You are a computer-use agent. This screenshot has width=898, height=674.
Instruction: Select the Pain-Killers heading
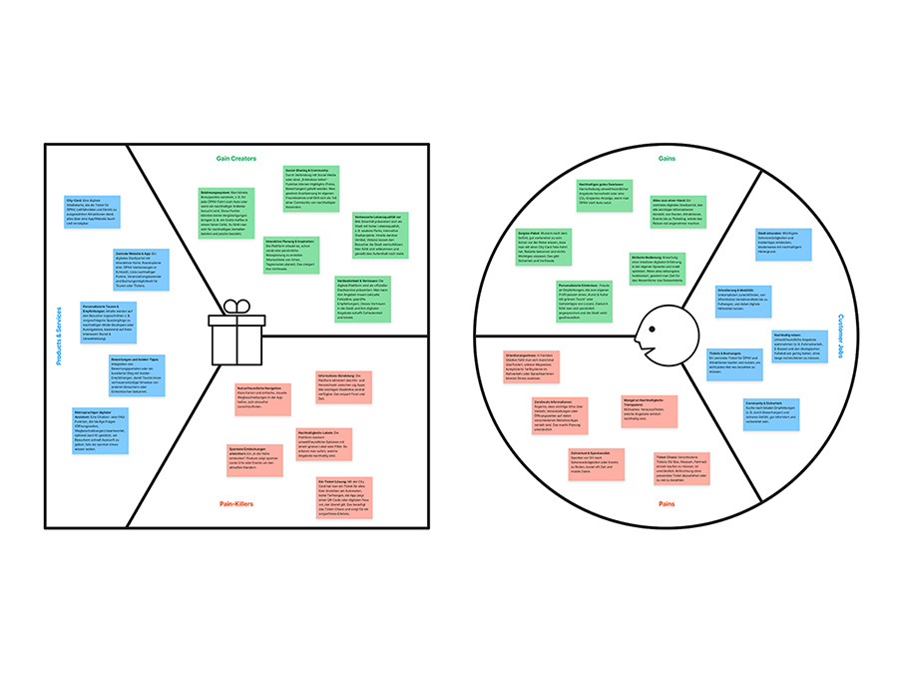[235, 504]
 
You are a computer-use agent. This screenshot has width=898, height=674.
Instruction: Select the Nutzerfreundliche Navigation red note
[264, 398]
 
